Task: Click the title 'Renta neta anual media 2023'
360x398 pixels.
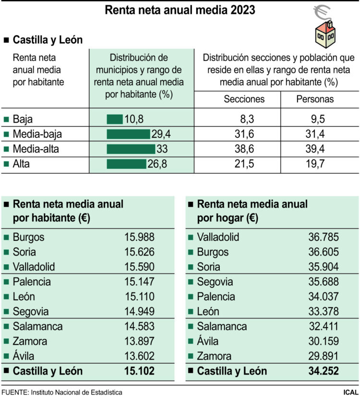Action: tap(180, 10)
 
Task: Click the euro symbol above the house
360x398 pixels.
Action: tap(321, 13)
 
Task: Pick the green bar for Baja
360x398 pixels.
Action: tap(115, 119)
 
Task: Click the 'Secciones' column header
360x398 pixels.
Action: tap(244, 100)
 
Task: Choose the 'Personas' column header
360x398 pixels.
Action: tap(315, 100)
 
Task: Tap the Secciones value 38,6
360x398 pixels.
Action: tap(245, 149)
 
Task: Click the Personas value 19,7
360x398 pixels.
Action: tap(315, 164)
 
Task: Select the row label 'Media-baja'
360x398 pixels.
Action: tap(37, 134)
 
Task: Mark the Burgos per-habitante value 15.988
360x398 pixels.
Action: tap(139, 237)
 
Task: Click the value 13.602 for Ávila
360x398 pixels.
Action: tap(139, 356)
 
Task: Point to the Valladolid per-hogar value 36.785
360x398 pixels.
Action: tap(324, 237)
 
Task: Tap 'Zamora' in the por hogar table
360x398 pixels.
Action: tap(214, 356)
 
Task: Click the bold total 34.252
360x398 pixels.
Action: tap(324, 371)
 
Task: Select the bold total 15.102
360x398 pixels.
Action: tap(139, 371)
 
